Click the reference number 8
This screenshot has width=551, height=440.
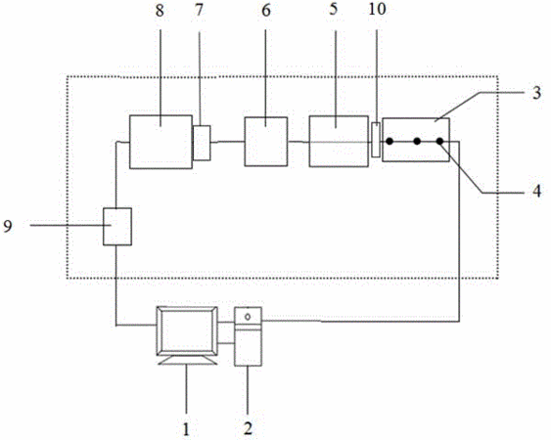coord(160,11)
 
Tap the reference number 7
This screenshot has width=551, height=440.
coord(200,10)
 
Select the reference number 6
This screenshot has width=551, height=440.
coord(266,11)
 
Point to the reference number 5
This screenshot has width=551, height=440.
coord(333,9)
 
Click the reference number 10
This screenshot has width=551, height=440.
coord(377,9)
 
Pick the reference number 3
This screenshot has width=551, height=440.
coord(536,93)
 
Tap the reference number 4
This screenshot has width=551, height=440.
coord(536,192)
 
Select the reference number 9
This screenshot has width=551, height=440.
coord(8,226)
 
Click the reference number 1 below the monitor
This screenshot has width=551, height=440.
coord(186,429)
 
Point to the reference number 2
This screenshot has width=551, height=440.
coord(248,429)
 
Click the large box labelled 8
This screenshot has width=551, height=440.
coord(161,142)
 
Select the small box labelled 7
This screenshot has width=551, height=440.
coord(202,143)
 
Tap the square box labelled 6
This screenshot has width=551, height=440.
coord(266,142)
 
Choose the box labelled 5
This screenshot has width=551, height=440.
coord(339,141)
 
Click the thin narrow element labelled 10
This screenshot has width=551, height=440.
coord(376,140)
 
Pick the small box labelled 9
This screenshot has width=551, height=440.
coord(117,227)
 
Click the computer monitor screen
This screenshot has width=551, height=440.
coord(187,330)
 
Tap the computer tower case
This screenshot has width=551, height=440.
coord(248,336)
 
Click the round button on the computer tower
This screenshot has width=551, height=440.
coord(248,317)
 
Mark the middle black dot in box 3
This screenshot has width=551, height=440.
coord(417,142)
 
